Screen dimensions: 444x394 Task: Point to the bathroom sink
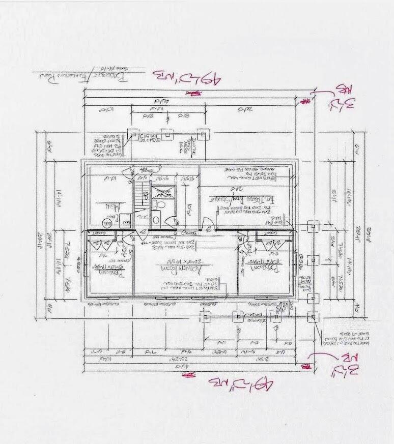point(157,221)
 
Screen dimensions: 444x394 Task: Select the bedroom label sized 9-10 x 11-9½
point(109,271)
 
